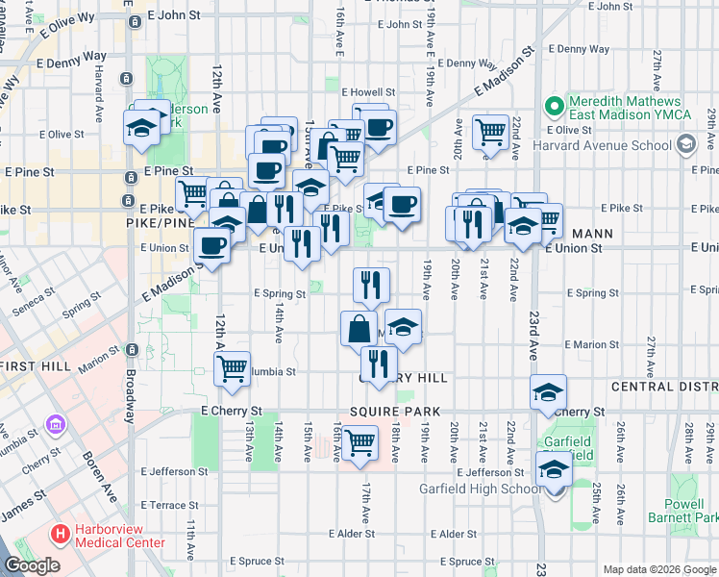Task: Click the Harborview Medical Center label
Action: [119, 532]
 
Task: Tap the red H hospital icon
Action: [61, 532]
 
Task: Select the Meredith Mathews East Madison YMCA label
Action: [625, 108]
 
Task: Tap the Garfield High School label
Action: [481, 489]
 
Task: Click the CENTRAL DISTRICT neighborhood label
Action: [664, 387]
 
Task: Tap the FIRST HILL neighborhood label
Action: [32, 366]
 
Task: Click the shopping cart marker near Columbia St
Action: [233, 367]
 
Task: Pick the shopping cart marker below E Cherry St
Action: [359, 442]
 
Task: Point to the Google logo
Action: [32, 566]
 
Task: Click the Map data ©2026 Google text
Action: [658, 569]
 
